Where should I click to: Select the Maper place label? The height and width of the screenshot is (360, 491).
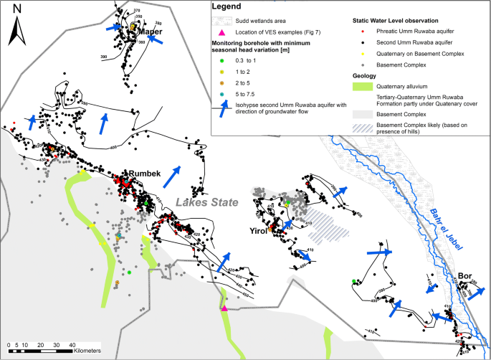click(x=150, y=32)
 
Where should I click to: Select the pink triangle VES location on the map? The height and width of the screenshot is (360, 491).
click(x=224, y=308)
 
